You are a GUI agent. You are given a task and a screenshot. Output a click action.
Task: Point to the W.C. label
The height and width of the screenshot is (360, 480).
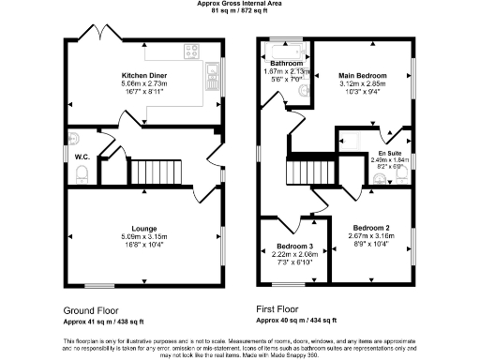[82, 157]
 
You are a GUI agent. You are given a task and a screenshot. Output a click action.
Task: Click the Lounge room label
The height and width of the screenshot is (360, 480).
[144, 228]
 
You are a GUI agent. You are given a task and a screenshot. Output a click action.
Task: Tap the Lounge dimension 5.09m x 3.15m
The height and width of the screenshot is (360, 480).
[144, 236]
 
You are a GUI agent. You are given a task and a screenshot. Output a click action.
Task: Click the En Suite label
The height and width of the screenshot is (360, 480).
[390, 152]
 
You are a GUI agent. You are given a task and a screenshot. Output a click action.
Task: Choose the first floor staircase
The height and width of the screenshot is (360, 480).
[307, 172]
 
